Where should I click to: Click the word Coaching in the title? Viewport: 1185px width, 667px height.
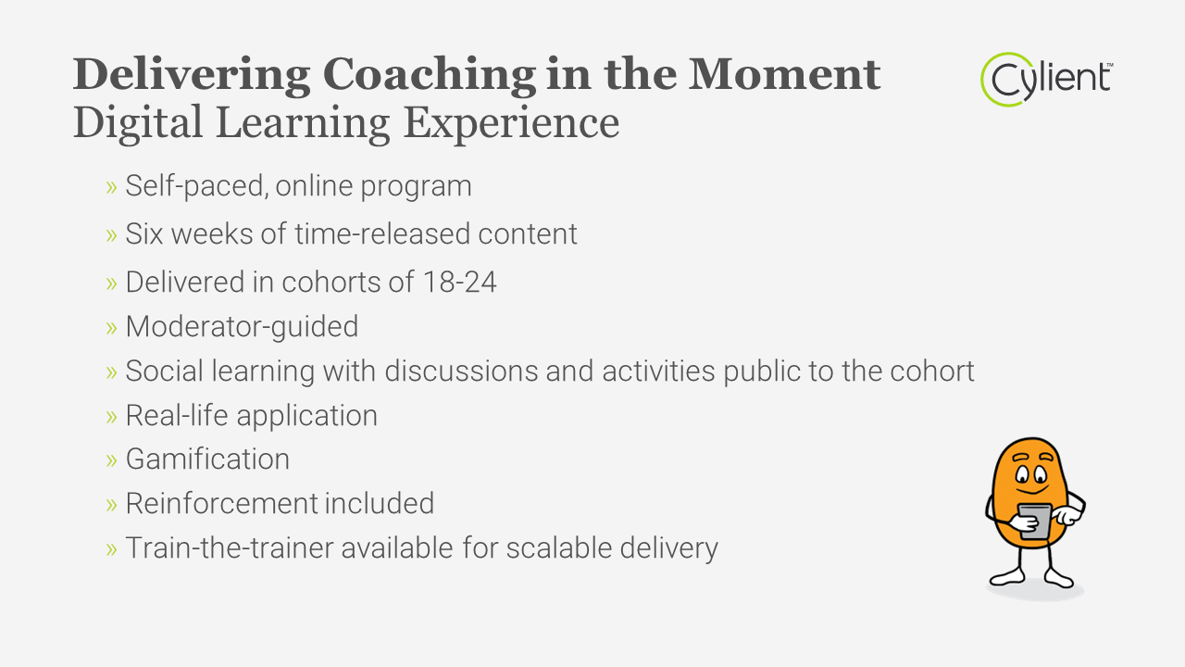tap(430, 76)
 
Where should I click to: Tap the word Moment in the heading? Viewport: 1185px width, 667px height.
tap(784, 74)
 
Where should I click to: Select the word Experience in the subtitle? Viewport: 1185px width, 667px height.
tap(511, 124)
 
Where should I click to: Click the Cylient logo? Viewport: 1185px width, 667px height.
tap(1047, 80)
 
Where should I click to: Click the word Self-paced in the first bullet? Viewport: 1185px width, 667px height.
tap(195, 186)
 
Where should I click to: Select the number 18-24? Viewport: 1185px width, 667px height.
tap(460, 282)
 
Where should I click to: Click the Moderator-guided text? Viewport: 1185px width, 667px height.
tap(242, 327)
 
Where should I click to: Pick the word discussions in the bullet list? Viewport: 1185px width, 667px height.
tap(461, 371)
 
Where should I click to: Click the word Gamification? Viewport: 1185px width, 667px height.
tap(207, 459)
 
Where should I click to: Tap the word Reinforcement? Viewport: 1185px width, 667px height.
tap(221, 503)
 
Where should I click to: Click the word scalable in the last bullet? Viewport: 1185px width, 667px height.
tap(559, 547)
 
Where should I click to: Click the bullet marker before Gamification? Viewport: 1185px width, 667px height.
tap(111, 460)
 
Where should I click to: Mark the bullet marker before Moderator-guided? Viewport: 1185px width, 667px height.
tap(111, 328)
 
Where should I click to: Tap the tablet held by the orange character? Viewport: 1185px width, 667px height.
tap(1035, 521)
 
